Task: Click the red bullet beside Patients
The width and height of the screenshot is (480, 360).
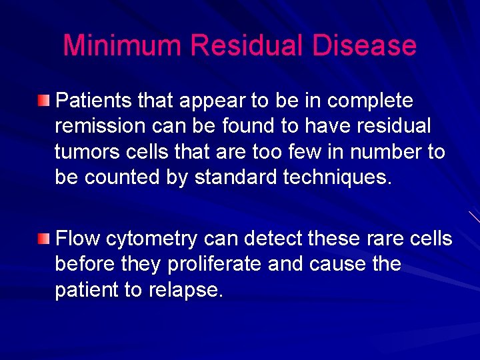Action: pos(43,101)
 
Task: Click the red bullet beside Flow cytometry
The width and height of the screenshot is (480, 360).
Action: pos(43,239)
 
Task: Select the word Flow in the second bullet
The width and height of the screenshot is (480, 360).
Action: pos(78,239)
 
